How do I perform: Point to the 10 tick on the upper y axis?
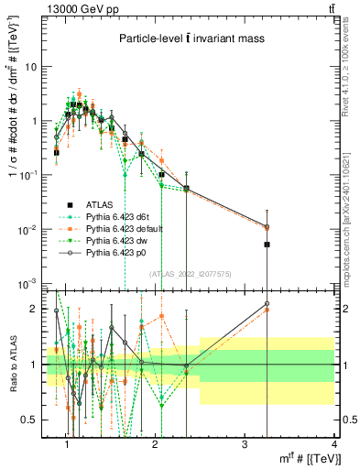(x=35, y=67)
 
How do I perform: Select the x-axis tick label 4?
(x=333, y=443)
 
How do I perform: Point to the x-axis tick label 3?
(x=245, y=443)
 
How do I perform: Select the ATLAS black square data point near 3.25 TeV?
(x=267, y=245)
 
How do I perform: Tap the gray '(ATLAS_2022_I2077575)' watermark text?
(x=191, y=273)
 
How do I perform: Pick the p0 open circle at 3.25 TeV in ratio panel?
(x=267, y=303)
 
